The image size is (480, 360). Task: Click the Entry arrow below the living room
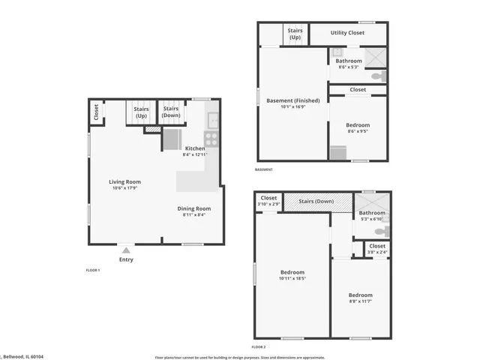[126, 250]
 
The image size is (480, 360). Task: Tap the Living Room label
[125, 181]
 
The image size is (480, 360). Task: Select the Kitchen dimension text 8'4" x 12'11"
[195, 155]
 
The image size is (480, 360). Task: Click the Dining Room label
[193, 208]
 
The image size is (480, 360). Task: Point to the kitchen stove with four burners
[211, 139]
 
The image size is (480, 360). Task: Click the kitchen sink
[213, 118]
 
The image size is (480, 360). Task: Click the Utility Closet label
[347, 33]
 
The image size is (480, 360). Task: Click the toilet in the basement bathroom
[378, 76]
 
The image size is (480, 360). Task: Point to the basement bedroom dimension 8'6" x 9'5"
[357, 131]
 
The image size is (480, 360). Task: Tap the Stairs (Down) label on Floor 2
[316, 201]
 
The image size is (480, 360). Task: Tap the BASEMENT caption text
[264, 169]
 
